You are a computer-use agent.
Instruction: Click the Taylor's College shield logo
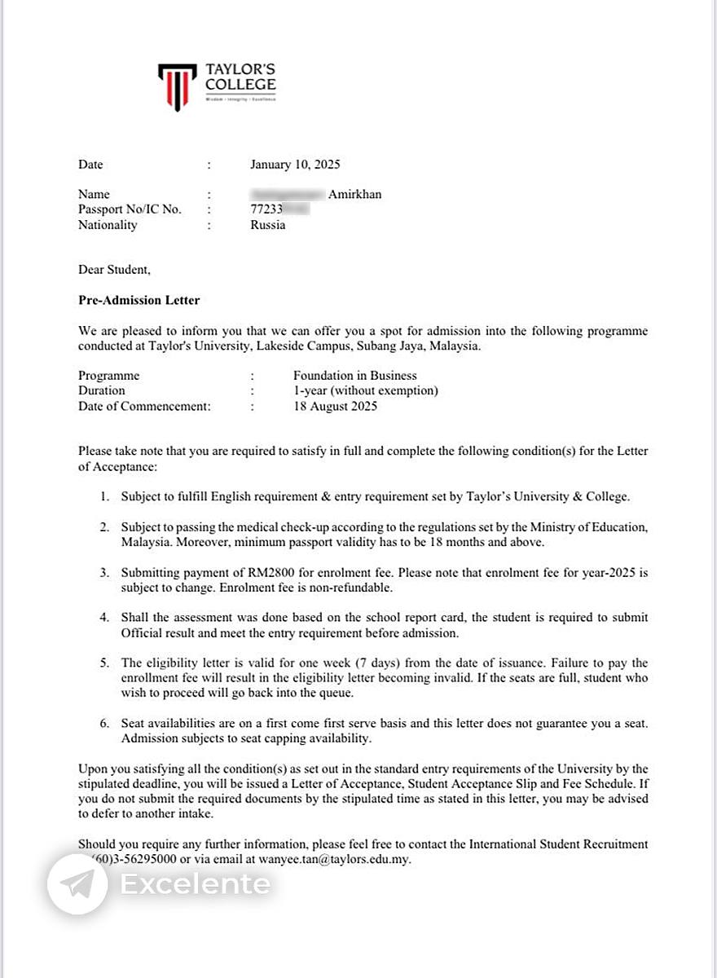[x=177, y=86]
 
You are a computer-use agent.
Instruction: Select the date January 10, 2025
[x=295, y=165]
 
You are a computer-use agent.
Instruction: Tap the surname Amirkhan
[x=354, y=194]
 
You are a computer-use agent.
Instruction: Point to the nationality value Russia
[x=268, y=225]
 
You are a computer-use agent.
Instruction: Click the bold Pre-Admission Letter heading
[x=139, y=300]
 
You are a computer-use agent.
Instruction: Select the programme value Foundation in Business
[x=354, y=376]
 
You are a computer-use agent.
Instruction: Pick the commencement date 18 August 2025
[x=335, y=406]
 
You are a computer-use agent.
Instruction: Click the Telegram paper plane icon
[x=77, y=884]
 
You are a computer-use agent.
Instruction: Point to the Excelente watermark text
[x=195, y=884]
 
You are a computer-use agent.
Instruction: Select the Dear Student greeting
[x=114, y=270]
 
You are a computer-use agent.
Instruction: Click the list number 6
[x=103, y=724]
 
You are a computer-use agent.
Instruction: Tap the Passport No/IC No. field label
[x=130, y=209]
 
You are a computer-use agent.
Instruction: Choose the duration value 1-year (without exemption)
[x=366, y=390]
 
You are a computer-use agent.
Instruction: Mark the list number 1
[x=103, y=496]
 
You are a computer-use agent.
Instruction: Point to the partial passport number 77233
[x=266, y=209]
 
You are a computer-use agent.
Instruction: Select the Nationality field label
[x=108, y=225]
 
